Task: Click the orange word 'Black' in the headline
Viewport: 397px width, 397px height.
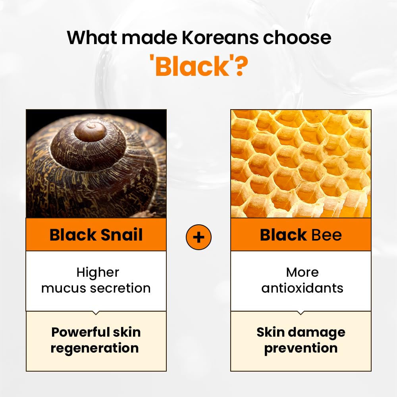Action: click(193, 67)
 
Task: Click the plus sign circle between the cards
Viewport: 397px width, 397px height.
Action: click(198, 237)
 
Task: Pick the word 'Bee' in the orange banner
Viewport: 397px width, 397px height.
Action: click(327, 235)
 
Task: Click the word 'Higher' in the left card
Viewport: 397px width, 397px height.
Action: click(98, 272)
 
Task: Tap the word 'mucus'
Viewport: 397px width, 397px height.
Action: click(63, 288)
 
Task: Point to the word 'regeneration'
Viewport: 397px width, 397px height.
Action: click(95, 348)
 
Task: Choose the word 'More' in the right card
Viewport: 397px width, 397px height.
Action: click(302, 272)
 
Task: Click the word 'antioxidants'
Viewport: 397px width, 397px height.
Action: click(302, 288)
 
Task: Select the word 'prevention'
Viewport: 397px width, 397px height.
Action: click(301, 348)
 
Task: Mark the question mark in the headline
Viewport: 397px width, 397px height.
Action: click(240, 67)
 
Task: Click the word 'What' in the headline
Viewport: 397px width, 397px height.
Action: click(91, 38)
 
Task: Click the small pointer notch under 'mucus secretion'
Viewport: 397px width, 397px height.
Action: click(96, 313)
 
